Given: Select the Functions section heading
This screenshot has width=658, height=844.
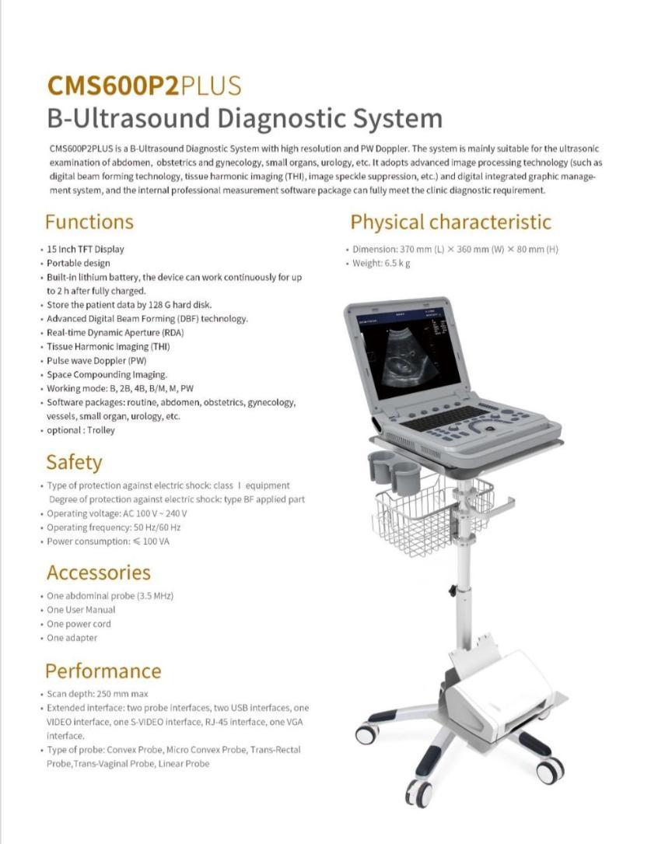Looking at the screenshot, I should coord(89,222).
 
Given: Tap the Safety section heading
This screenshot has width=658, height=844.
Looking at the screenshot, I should coord(74,462).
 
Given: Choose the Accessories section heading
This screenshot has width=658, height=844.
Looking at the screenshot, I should coord(98,573).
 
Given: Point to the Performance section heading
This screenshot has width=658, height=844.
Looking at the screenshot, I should coord(103,671).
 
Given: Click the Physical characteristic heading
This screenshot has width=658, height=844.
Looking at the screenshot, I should coord(450,222).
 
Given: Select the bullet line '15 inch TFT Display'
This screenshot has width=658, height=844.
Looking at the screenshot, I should coord(86,249).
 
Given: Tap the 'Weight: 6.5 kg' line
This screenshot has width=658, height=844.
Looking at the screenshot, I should coord(381,263).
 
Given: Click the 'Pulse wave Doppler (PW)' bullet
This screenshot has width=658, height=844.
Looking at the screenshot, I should coord(96,361).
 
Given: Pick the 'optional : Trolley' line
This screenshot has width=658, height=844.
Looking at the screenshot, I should coord(81,430).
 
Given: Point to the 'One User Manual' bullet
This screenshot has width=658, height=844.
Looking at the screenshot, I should coord(81,610).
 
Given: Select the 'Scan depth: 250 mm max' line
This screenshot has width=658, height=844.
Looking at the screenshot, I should coord(97,694).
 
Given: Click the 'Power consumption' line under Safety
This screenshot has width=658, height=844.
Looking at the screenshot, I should coord(107,541).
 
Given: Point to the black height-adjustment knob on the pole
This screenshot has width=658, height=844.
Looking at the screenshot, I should coord(451,591).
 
